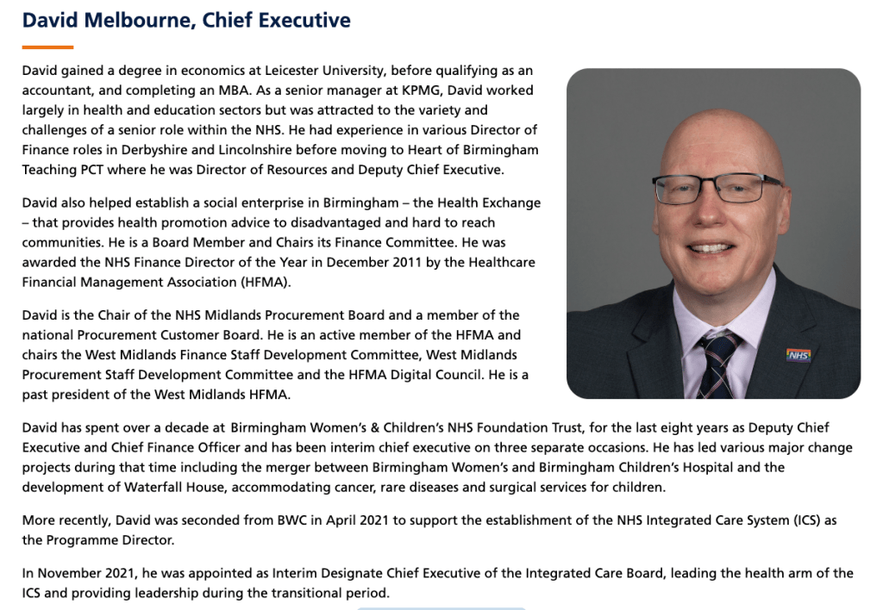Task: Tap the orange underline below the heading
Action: pos(47,47)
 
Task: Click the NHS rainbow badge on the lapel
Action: pos(798,354)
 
